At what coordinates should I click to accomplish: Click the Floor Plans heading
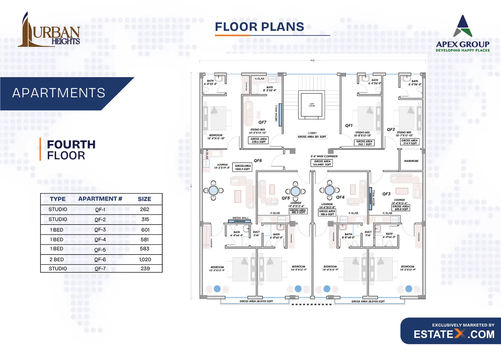[259, 27]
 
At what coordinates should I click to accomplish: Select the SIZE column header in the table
[144, 199]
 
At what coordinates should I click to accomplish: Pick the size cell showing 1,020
[145, 259]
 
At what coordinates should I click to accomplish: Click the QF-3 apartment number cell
[100, 230]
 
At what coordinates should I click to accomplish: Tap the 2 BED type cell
[57, 259]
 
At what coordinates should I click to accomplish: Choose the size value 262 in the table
[144, 209]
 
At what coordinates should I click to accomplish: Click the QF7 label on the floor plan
[262, 122]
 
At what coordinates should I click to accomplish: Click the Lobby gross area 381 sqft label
[312, 137]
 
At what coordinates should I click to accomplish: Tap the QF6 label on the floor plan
[258, 161]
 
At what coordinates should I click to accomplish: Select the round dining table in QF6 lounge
[214, 190]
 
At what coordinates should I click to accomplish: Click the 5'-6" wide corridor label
[324, 156]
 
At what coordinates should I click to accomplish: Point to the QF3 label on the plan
[386, 194]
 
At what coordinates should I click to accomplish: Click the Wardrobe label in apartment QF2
[411, 161]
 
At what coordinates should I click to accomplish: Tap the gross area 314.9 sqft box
[410, 142]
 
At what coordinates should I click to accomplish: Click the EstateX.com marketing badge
[451, 331]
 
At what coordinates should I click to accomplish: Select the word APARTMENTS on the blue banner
[59, 93]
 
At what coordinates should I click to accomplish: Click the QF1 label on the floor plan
[349, 125]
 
